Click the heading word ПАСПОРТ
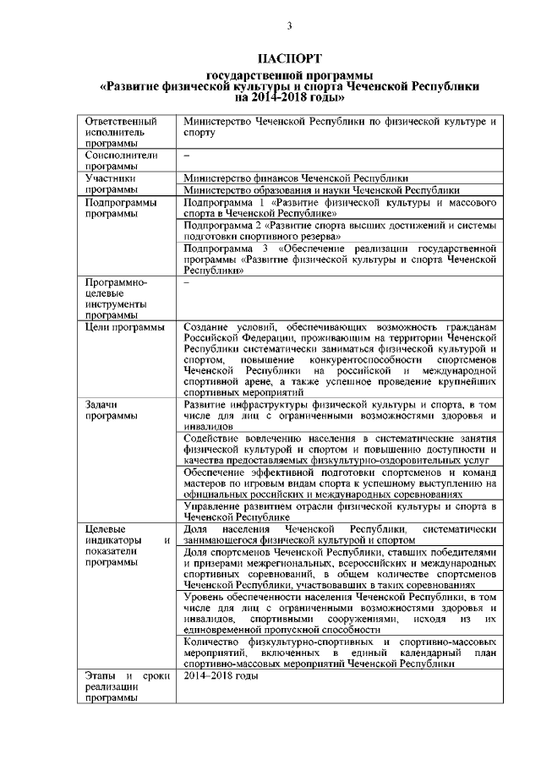point(289,58)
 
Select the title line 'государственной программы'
point(289,76)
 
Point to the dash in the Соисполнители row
point(186,156)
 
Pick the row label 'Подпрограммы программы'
point(122,209)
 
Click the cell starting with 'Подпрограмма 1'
point(338,209)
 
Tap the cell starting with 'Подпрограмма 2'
point(338,232)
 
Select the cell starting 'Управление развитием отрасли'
point(338,511)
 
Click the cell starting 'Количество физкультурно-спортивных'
point(338,653)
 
